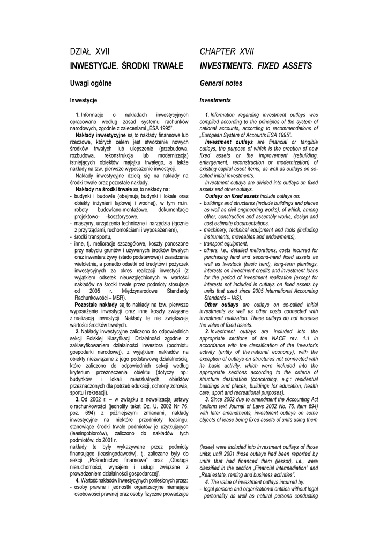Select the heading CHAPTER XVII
click(x=227, y=51)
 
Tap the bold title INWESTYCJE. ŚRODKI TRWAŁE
click(x=127, y=66)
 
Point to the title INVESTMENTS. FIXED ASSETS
click(x=256, y=66)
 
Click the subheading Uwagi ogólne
click(x=91, y=83)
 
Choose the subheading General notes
click(x=221, y=83)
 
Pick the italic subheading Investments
click(x=215, y=100)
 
